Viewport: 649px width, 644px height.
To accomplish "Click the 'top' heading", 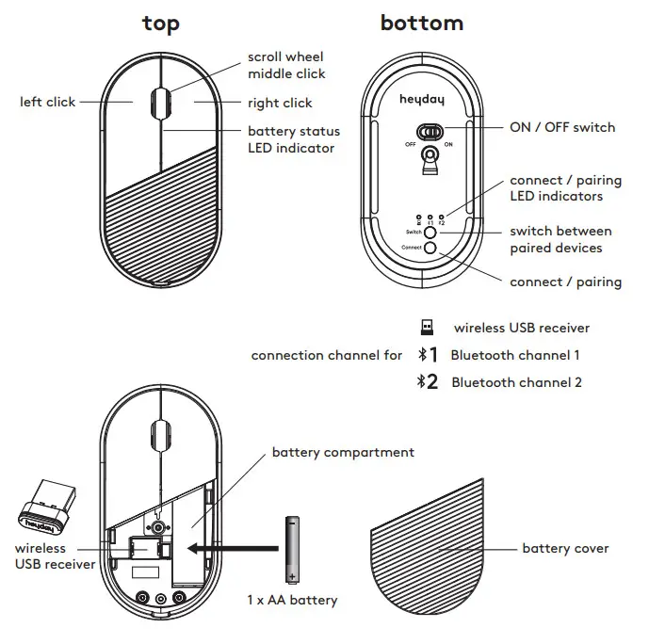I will click(x=160, y=24).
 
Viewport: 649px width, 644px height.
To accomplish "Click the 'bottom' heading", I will click(x=421, y=24).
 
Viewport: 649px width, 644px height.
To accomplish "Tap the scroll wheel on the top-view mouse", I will click(x=160, y=101).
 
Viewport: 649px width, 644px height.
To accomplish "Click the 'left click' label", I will click(x=47, y=102).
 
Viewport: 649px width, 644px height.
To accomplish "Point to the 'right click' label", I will click(x=280, y=103).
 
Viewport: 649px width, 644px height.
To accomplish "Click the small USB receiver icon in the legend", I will click(x=427, y=328).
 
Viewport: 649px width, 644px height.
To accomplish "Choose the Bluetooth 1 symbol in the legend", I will click(x=428, y=355).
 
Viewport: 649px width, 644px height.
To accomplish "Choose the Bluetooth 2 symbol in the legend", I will click(x=428, y=382).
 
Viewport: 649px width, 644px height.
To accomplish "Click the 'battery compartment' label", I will click(x=343, y=453).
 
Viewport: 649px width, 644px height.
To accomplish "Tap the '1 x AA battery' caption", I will click(x=291, y=600).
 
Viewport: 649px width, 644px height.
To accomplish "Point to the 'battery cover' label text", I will click(x=565, y=548).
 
